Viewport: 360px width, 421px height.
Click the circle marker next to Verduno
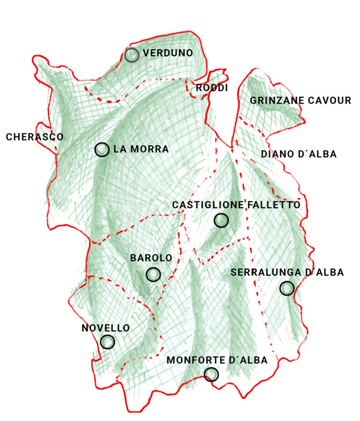[132, 55]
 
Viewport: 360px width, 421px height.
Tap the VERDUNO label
[168, 53]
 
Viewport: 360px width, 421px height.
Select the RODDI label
[211, 88]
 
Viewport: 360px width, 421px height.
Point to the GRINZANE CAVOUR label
[300, 100]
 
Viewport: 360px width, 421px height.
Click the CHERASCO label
[34, 137]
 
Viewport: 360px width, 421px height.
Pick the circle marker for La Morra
[102, 150]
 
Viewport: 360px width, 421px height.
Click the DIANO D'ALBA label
[299, 154]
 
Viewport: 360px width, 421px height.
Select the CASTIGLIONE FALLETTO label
[236, 205]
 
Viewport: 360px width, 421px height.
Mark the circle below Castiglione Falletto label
[221, 220]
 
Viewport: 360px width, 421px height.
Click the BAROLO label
[151, 258]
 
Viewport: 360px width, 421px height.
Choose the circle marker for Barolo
[153, 275]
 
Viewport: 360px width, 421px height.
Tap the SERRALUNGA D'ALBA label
[287, 272]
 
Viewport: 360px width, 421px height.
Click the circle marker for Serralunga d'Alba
[287, 288]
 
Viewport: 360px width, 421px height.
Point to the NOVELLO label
[105, 328]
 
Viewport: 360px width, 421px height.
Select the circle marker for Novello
[107, 342]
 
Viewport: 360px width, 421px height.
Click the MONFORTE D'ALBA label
[217, 360]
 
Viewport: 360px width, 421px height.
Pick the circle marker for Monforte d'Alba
[211, 374]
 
